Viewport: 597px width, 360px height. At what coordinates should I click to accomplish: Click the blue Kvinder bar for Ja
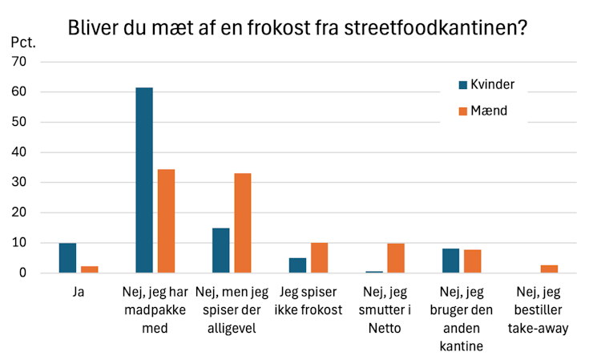[67, 258]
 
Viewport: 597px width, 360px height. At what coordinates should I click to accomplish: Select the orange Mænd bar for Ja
[89, 269]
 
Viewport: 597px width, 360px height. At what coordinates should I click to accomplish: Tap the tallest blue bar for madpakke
[144, 180]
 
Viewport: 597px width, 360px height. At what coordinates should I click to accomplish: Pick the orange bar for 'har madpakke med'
[166, 221]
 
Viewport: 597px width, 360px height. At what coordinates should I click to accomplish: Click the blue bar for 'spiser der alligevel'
[221, 250]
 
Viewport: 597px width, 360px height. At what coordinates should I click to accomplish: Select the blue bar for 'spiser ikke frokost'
[297, 265]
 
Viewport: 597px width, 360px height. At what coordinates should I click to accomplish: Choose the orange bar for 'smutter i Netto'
[396, 258]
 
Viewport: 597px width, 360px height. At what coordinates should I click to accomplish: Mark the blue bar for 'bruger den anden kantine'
[450, 261]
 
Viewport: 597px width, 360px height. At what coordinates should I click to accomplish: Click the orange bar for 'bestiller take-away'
[549, 269]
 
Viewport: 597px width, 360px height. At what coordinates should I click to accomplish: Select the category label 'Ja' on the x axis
[78, 293]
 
